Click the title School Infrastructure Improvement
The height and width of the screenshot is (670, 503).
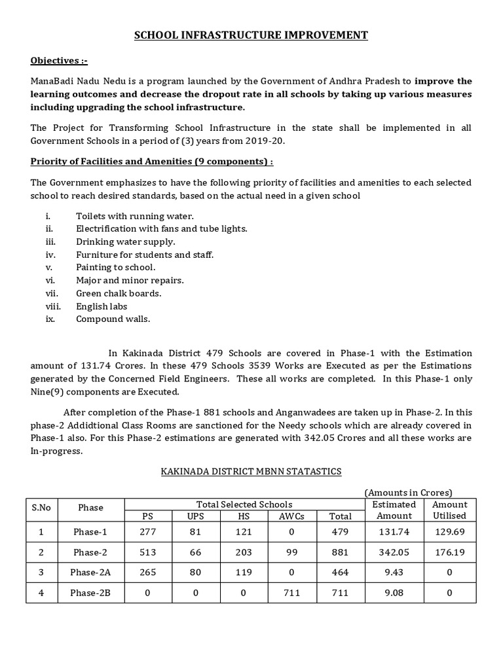[x=251, y=35]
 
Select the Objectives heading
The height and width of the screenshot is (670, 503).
[x=59, y=62]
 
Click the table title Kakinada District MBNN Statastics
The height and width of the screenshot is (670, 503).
[x=251, y=471]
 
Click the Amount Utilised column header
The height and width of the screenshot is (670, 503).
[x=450, y=510]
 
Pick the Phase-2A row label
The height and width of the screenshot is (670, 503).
[x=91, y=573]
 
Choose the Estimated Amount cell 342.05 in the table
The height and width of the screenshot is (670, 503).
[x=394, y=552]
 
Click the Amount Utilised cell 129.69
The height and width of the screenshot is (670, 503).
[x=450, y=532]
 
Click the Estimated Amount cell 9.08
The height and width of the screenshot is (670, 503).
[x=394, y=593]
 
